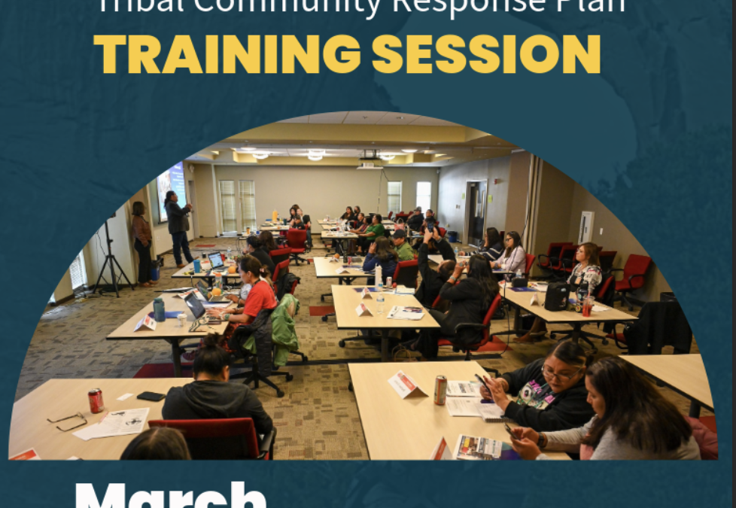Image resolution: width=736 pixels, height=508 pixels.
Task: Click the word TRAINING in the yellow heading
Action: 227,53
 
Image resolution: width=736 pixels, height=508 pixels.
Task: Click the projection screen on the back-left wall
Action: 171,189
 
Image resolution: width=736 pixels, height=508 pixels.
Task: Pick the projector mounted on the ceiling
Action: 369,154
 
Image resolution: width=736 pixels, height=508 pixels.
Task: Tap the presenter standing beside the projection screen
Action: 178,226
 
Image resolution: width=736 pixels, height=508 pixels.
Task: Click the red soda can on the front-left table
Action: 96,400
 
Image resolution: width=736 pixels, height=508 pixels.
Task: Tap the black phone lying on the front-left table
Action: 151,397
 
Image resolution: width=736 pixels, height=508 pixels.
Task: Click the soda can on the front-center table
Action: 440,390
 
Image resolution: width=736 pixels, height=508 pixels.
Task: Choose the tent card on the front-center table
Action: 405,385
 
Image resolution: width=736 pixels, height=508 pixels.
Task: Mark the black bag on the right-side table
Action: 556,297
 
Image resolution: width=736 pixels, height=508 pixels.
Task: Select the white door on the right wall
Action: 585,226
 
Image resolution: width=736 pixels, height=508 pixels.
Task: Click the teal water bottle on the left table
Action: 159,309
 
